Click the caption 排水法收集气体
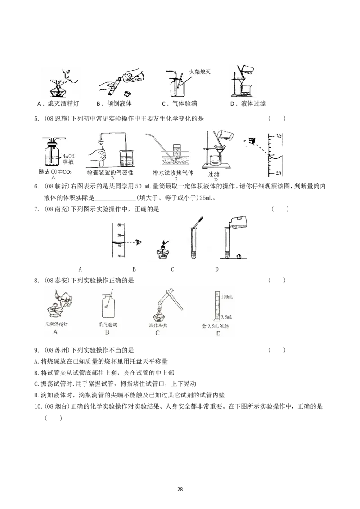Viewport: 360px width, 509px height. pyautogui.click(x=173, y=172)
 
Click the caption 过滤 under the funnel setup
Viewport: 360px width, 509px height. pyautogui.click(x=216, y=174)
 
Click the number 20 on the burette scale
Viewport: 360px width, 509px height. pyautogui.click(x=279, y=173)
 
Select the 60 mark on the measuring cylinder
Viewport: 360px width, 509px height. pyautogui.click(x=119, y=225)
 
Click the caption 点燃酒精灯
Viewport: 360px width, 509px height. pyautogui.click(x=56, y=325)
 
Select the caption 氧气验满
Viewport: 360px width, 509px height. pyautogui.click(x=107, y=325)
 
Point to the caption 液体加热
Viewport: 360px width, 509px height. pyautogui.click(x=157, y=325)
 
